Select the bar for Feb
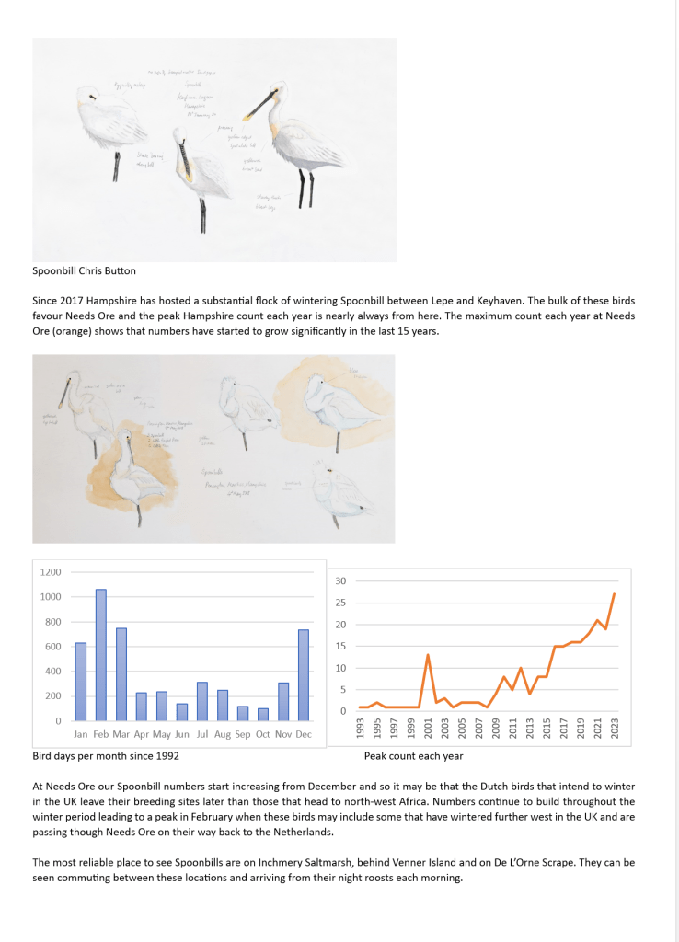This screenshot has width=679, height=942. [100, 654]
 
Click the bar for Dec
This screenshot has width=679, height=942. [304, 674]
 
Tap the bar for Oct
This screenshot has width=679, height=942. [263, 714]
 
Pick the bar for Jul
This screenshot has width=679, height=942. [201, 701]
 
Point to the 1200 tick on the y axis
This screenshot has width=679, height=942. [51, 572]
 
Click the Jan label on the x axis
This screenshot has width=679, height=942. [80, 734]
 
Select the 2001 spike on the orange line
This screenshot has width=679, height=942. [428, 655]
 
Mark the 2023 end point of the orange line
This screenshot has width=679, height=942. [614, 594]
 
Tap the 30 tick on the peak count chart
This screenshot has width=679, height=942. [340, 581]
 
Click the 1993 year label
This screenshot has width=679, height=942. [361, 729]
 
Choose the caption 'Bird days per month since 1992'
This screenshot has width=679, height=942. [106, 755]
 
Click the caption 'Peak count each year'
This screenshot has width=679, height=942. [413, 756]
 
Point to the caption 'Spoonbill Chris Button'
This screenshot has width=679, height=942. [84, 271]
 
